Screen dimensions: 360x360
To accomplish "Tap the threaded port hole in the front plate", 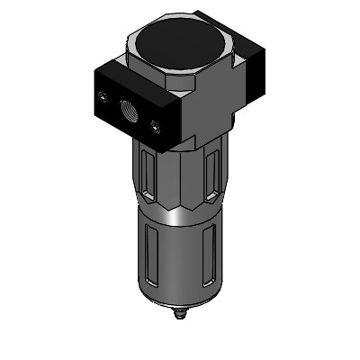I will [x=123, y=110].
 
